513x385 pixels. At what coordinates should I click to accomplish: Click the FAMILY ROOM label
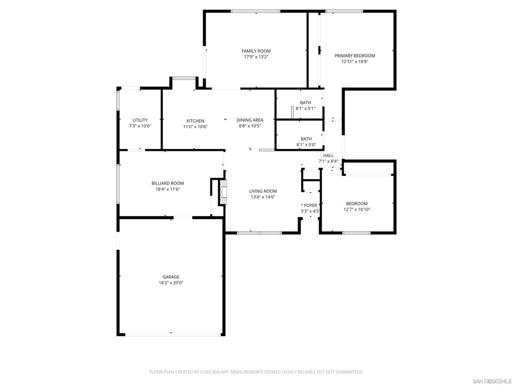click(256, 51)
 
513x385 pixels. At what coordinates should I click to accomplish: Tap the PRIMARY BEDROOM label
click(355, 56)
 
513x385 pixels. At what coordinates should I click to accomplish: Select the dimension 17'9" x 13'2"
click(256, 57)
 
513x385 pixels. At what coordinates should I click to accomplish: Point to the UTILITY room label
click(140, 120)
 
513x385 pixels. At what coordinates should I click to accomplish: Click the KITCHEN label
click(195, 121)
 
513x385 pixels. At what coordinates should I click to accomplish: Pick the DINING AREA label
click(250, 120)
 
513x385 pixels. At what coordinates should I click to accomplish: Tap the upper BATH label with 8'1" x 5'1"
click(305, 103)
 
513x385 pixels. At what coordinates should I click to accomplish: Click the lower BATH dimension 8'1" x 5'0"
click(305, 145)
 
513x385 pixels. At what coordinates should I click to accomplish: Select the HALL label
click(328, 155)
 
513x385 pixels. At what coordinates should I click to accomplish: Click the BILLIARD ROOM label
click(168, 183)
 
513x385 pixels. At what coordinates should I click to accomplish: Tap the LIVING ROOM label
click(263, 191)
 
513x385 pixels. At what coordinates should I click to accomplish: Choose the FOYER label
click(310, 206)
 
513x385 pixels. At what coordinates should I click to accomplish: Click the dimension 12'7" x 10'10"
click(356, 210)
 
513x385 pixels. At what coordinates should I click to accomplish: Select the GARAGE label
click(170, 277)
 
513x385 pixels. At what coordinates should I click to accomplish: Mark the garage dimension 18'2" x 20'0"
click(170, 283)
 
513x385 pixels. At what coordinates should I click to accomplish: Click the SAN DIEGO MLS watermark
click(492, 380)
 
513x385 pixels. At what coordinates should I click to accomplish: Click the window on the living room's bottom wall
click(259, 233)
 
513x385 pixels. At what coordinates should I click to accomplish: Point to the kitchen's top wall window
click(183, 78)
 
